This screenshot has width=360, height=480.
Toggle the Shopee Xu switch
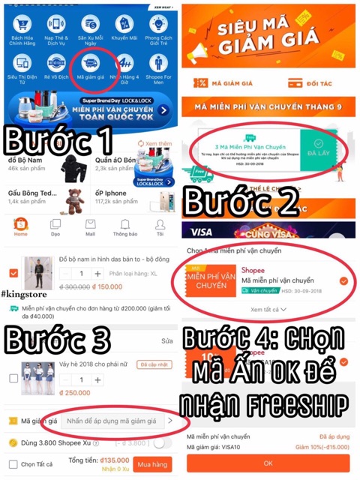click(160, 442)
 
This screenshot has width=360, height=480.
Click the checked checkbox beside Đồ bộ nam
click(13, 274)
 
